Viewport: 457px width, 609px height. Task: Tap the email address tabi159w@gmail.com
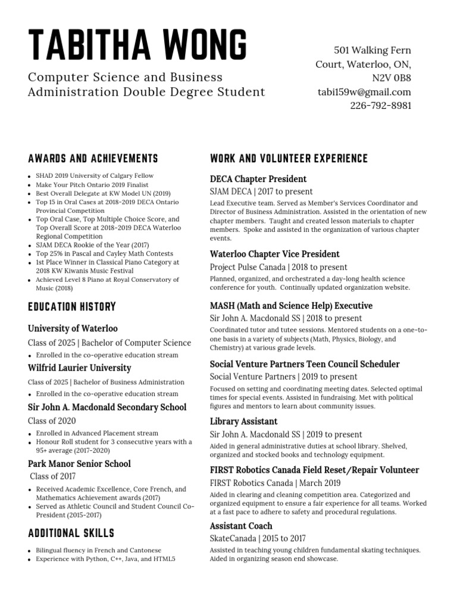(364, 92)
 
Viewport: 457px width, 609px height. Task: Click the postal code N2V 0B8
(391, 78)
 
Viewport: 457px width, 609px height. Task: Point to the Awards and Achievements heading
(93, 159)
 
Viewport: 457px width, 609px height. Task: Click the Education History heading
(72, 307)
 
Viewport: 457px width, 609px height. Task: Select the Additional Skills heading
(71, 533)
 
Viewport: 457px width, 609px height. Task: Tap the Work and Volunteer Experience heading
(289, 159)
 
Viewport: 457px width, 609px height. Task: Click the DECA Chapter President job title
(258, 179)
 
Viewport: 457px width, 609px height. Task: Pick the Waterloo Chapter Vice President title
(274, 254)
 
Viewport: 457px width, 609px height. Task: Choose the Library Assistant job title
(243, 421)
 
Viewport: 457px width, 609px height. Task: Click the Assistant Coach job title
(241, 526)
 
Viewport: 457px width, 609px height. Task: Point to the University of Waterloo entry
(73, 328)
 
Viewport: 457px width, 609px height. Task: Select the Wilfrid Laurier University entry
(80, 368)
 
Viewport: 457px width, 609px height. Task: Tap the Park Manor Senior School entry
(79, 463)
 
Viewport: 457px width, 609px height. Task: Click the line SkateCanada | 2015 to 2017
(258, 538)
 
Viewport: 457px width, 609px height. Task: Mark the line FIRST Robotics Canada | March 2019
(275, 482)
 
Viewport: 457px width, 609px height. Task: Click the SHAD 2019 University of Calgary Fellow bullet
(95, 176)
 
